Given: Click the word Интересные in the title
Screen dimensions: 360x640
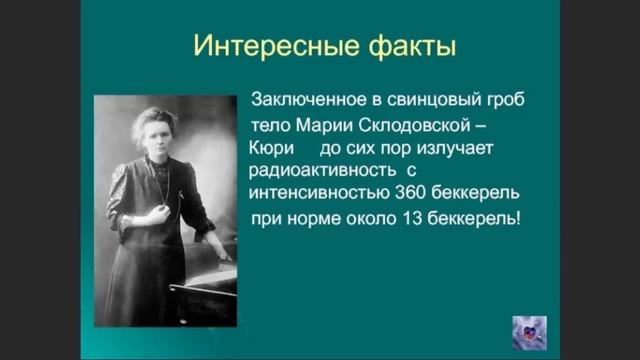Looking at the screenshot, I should pos(251,48).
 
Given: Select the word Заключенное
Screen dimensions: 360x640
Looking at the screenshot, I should pos(306,101).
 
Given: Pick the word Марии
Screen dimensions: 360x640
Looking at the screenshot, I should pos(318,124).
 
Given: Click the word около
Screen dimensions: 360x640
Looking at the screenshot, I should pos(377,215).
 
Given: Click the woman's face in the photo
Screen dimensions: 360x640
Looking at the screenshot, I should pos(155,129).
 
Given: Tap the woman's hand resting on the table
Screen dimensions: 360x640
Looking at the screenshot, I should pos(221,243).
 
